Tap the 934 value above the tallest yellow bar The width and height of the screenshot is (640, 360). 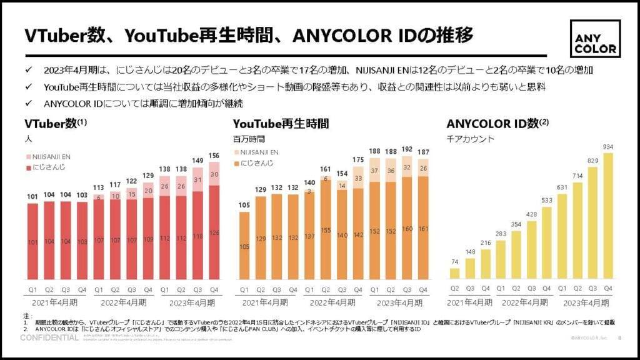607,146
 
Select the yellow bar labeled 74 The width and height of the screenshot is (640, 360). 454,273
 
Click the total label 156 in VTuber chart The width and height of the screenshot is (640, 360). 213,156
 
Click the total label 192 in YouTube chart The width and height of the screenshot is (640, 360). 407,150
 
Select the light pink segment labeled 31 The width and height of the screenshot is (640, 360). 197,179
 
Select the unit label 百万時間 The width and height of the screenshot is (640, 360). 248,138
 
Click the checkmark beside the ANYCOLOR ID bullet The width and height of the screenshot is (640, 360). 28,103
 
